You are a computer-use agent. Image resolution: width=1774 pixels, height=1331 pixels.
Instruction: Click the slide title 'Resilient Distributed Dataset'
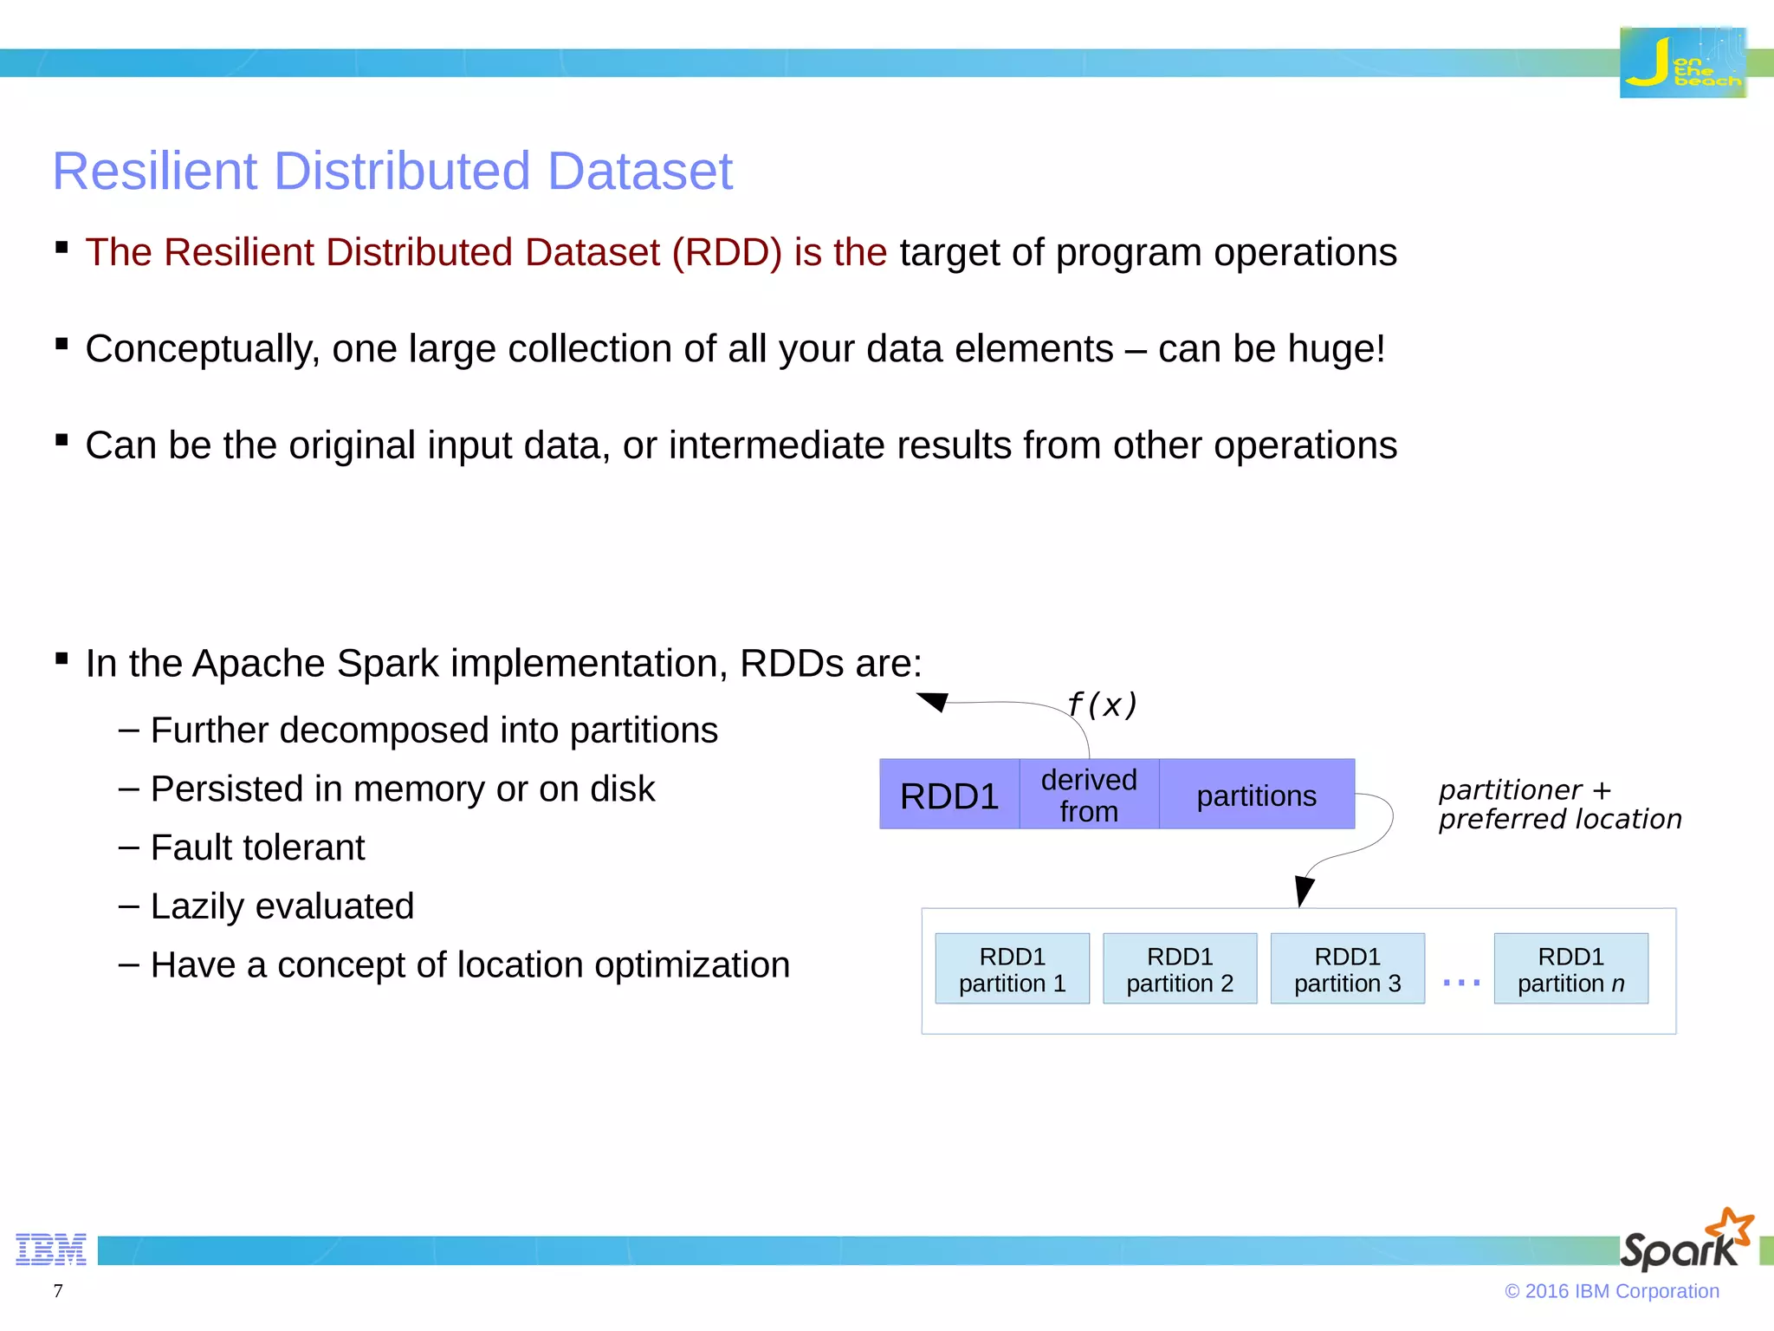[x=392, y=171]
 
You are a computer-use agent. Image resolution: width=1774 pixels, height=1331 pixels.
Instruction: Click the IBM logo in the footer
[x=51, y=1250]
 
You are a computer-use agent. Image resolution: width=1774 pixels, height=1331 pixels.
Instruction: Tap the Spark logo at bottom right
[x=1685, y=1241]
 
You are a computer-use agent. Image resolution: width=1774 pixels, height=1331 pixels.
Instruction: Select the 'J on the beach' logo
[x=1682, y=63]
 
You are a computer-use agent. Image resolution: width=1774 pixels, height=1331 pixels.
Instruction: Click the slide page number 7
[x=58, y=1290]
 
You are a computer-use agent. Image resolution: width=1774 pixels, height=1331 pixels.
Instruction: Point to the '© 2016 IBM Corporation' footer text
[x=1611, y=1291]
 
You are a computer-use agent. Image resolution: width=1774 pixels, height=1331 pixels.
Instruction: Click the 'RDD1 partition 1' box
[x=1012, y=969]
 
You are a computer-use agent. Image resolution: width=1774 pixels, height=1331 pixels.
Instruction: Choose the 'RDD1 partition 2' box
[x=1180, y=969]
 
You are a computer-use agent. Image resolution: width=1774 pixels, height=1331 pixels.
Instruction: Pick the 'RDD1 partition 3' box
[x=1347, y=969]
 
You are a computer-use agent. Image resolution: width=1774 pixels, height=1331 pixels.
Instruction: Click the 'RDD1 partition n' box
[x=1570, y=969]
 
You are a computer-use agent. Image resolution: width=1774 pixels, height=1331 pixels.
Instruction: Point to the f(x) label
[x=1102, y=704]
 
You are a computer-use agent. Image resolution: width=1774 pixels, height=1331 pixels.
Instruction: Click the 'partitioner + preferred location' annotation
[x=1559, y=804]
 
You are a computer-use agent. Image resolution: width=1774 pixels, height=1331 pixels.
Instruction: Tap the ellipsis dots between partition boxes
[x=1461, y=983]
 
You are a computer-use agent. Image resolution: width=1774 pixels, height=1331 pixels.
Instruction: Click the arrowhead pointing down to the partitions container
[x=1303, y=890]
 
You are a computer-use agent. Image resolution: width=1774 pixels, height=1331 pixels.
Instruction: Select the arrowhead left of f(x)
[x=933, y=701]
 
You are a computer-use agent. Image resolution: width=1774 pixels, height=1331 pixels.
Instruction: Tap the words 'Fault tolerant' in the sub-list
[x=257, y=847]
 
